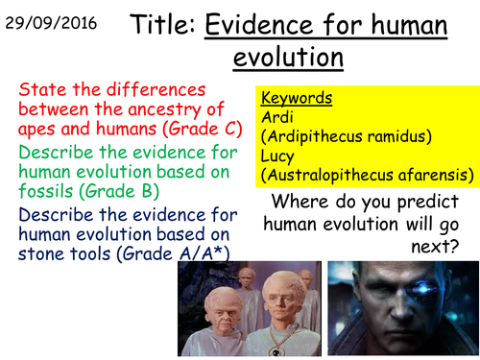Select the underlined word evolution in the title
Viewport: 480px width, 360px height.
pyautogui.click(x=288, y=60)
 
